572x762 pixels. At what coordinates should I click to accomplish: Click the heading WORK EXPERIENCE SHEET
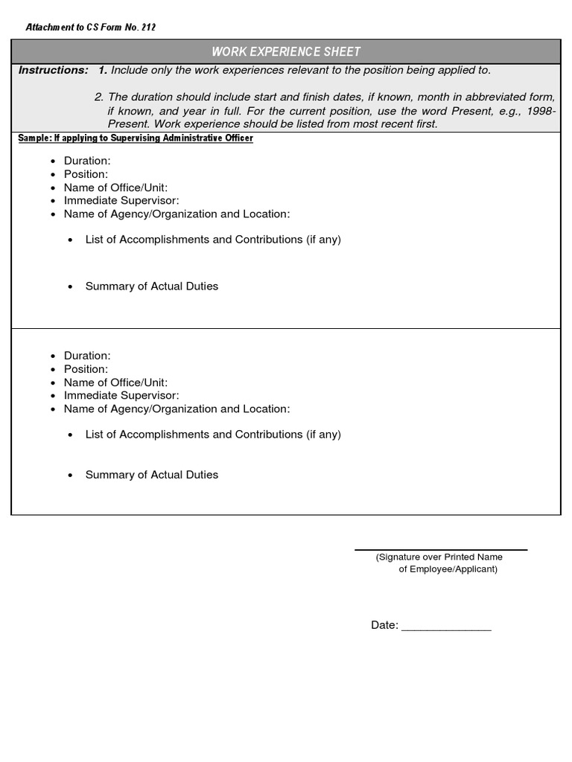pyautogui.click(x=286, y=51)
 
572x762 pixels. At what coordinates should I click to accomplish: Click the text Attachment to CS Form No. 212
pyautogui.click(x=90, y=28)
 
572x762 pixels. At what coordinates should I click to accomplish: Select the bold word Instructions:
pyautogui.click(x=53, y=70)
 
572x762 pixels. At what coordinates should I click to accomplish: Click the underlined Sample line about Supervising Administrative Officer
pyautogui.click(x=135, y=138)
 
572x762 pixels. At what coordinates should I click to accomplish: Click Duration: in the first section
pyautogui.click(x=87, y=161)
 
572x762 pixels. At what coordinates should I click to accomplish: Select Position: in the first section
pyautogui.click(x=86, y=174)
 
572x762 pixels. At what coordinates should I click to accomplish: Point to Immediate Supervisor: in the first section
pyautogui.click(x=121, y=200)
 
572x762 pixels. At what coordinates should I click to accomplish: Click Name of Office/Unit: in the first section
pyautogui.click(x=115, y=188)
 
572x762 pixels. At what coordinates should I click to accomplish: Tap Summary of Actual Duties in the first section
pyautogui.click(x=152, y=286)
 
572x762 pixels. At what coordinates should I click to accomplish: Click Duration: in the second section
pyautogui.click(x=87, y=356)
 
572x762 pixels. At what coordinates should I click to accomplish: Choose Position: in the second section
pyautogui.click(x=86, y=369)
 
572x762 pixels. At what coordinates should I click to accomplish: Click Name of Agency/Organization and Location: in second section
pyautogui.click(x=177, y=409)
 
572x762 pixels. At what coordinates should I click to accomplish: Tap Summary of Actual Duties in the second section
pyautogui.click(x=152, y=475)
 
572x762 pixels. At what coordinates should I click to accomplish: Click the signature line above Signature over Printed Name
pyautogui.click(x=440, y=550)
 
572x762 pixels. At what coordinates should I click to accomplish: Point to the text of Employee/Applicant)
pyautogui.click(x=448, y=569)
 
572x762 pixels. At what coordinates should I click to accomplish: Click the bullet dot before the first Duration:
pyautogui.click(x=53, y=161)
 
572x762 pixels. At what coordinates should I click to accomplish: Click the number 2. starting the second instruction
pyautogui.click(x=99, y=97)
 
